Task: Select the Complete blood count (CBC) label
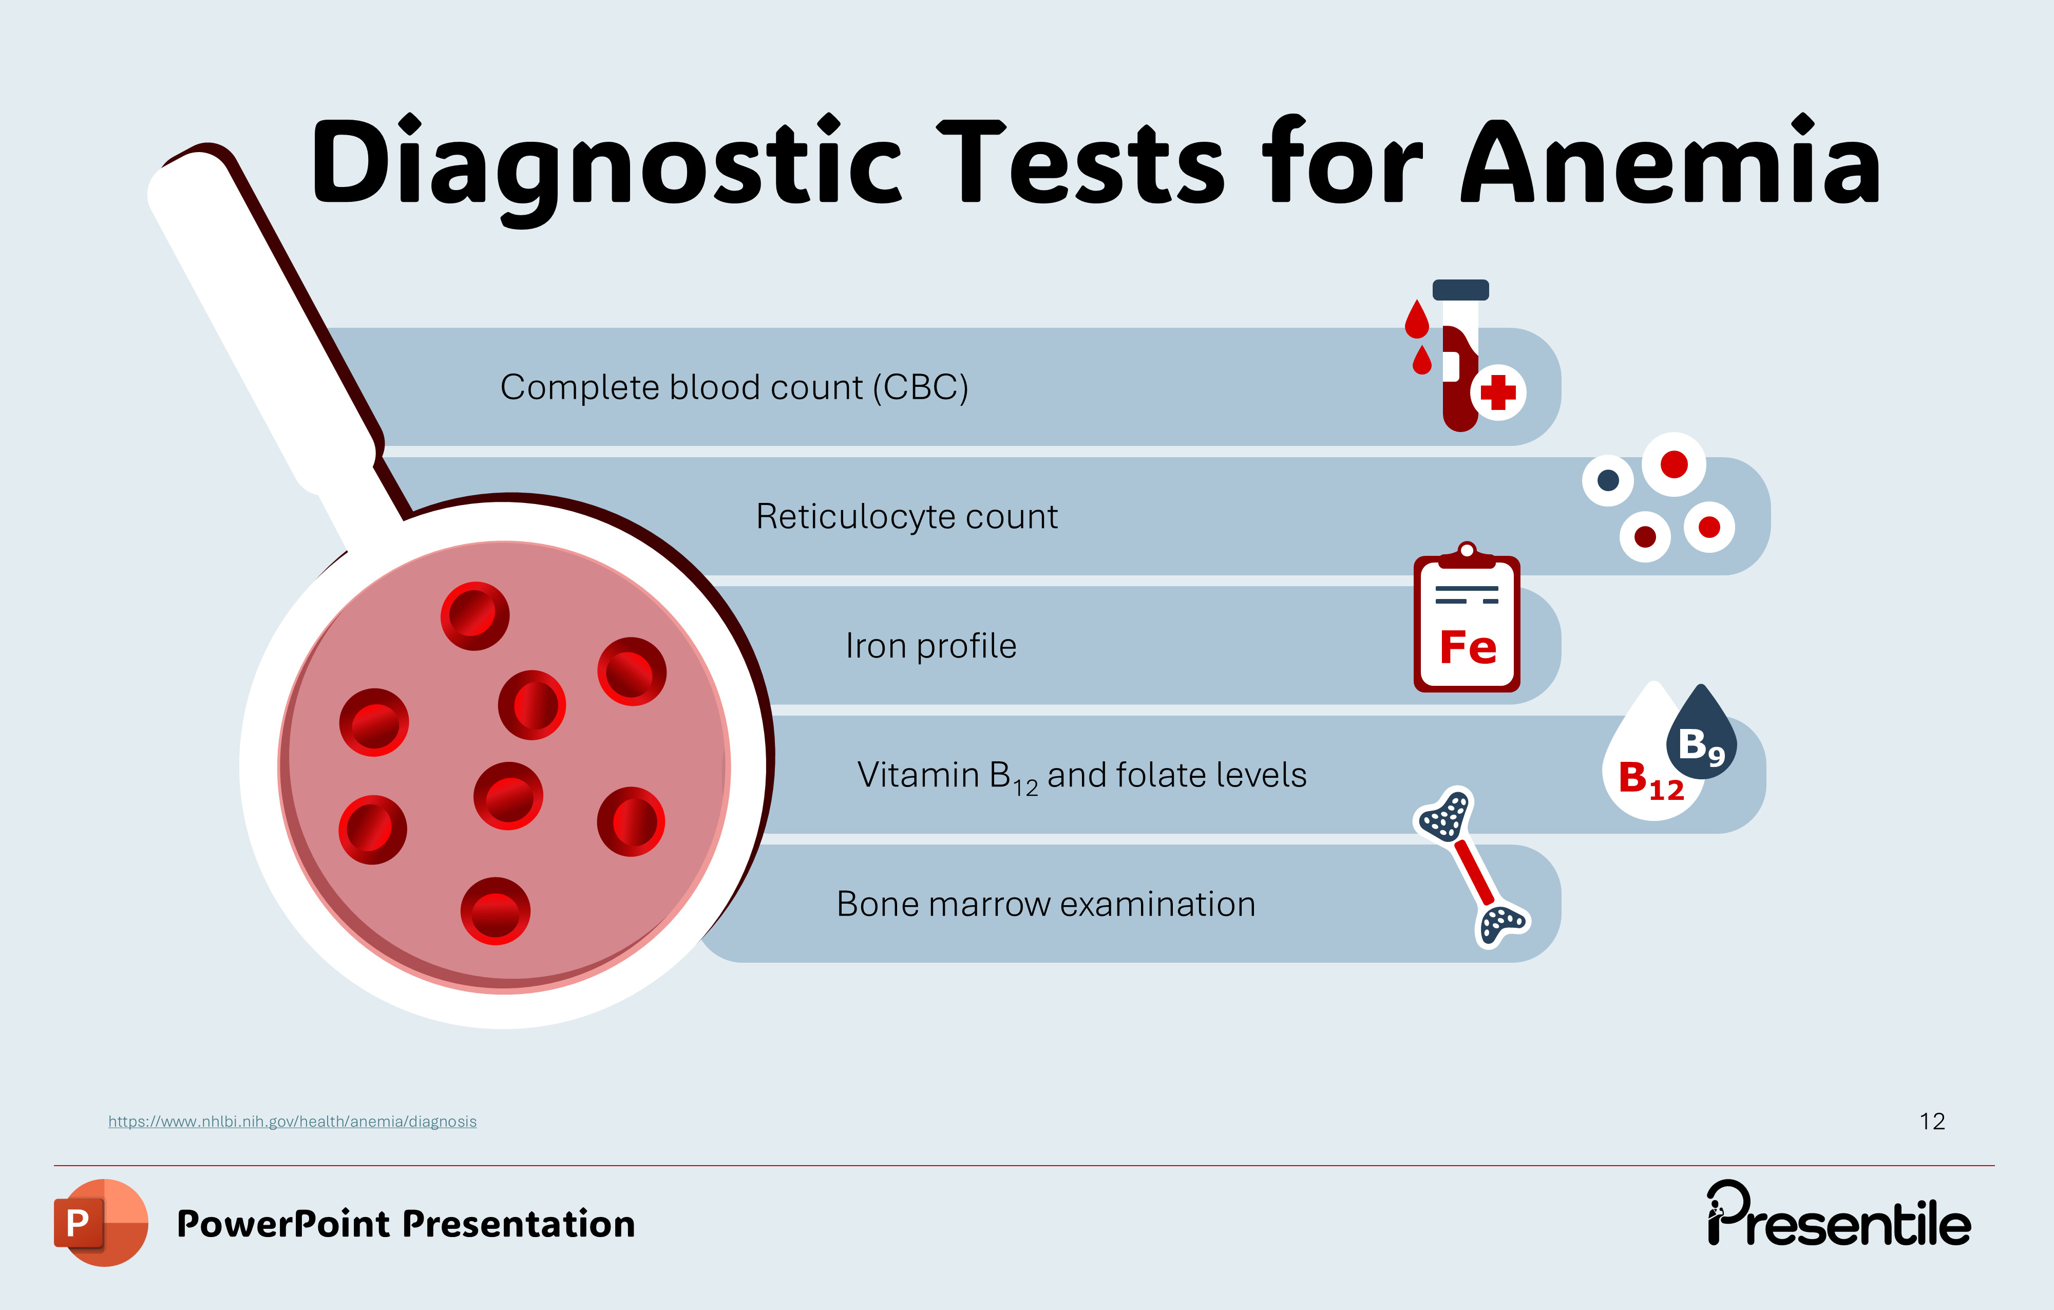click(734, 387)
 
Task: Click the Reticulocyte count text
click(907, 516)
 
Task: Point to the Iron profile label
click(930, 646)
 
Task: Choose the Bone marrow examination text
click(1046, 904)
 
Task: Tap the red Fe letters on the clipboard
click(1468, 648)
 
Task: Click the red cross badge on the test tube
click(1498, 392)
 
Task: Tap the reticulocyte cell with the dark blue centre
click(1608, 480)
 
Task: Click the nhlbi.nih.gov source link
click(293, 1121)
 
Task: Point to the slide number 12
click(1932, 1121)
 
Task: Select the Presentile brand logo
click(1838, 1213)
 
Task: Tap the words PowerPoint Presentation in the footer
click(406, 1224)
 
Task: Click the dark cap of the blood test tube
click(1460, 290)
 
